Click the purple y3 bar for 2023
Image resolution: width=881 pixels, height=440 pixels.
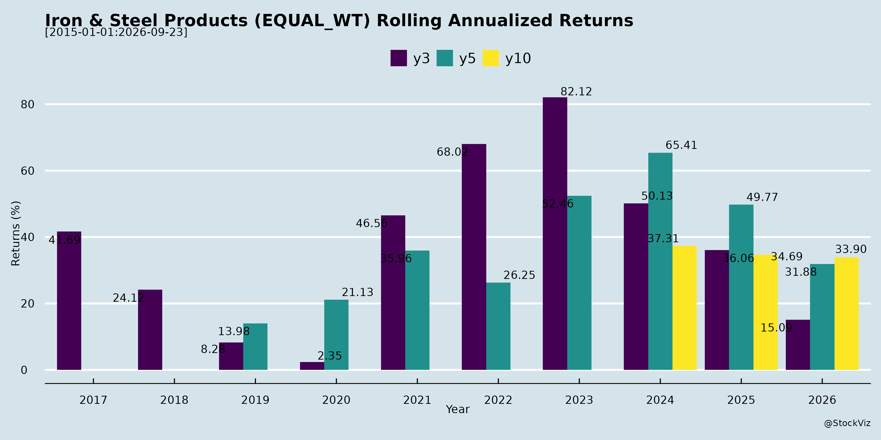point(555,233)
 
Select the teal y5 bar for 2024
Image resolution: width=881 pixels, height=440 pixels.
point(660,261)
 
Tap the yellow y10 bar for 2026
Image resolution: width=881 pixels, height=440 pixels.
point(846,314)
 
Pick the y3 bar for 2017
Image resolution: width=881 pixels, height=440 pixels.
point(69,301)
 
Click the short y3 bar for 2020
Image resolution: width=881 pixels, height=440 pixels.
point(312,366)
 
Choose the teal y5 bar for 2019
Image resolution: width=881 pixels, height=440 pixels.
point(255,346)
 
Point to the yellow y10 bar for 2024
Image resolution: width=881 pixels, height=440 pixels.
point(684,308)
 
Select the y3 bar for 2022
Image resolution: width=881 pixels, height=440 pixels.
point(474,257)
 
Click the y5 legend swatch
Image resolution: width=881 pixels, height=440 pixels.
point(445,58)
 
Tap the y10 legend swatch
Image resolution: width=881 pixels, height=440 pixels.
point(491,58)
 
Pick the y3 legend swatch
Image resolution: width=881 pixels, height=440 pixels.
point(399,58)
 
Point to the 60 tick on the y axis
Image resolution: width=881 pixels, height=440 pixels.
point(28,171)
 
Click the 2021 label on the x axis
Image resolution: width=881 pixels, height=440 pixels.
point(417,400)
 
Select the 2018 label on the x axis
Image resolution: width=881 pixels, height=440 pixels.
point(174,400)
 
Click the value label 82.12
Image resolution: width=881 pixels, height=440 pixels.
point(576,92)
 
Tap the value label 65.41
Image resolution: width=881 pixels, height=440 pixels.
point(681,145)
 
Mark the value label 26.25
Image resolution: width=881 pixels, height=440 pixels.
point(519,275)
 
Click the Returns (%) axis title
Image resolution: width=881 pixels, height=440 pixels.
point(16,233)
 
